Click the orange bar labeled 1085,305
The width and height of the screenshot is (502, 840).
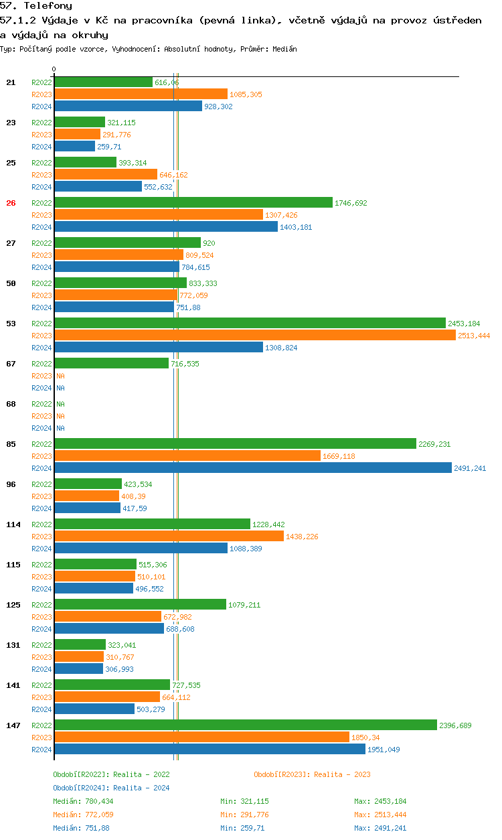tap(141, 94)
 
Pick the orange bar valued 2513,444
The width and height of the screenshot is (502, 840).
tap(254, 336)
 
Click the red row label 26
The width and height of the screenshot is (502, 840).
tap(11, 203)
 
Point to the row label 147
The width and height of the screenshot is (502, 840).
tap(13, 725)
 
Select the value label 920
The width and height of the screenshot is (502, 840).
tap(209, 243)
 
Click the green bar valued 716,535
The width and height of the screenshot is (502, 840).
tap(111, 364)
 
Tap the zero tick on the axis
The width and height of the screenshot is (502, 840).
tap(54, 69)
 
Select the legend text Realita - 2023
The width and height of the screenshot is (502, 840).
tap(342, 774)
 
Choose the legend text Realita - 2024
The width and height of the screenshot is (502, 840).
tap(141, 788)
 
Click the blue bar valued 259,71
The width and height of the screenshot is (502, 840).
tap(74, 147)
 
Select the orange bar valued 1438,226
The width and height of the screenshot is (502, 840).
tap(169, 537)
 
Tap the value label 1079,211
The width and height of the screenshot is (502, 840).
tap(244, 605)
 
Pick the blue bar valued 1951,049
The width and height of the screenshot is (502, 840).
tap(210, 750)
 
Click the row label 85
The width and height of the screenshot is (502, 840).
tap(11, 444)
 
